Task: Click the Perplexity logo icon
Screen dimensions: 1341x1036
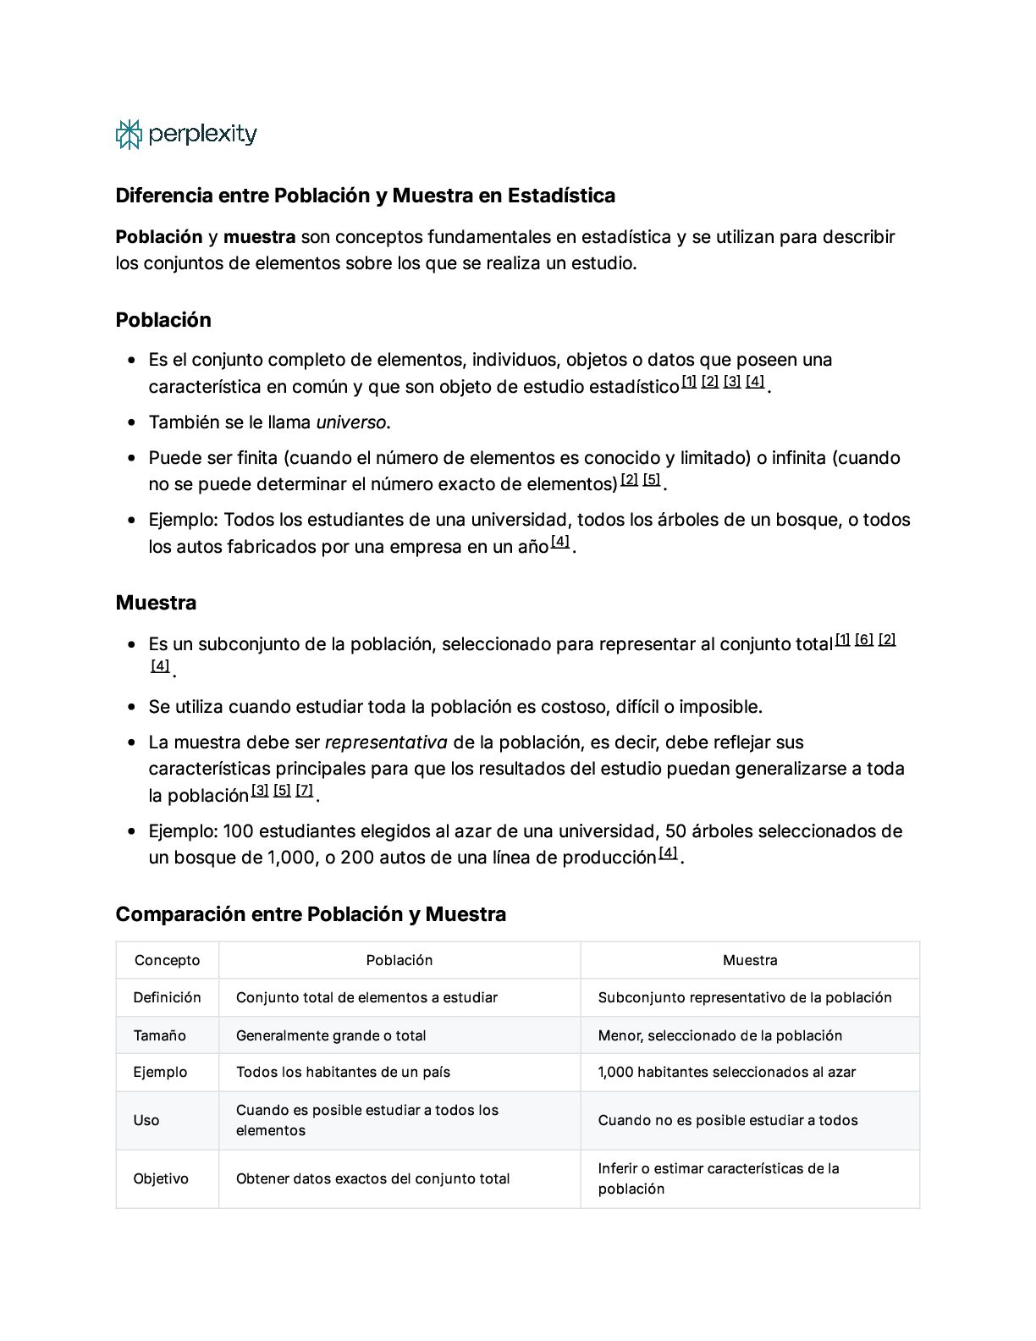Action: [128, 135]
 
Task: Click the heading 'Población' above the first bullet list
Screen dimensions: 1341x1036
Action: [163, 320]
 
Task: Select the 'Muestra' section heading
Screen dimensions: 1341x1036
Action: [156, 603]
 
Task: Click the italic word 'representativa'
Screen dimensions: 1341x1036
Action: [386, 742]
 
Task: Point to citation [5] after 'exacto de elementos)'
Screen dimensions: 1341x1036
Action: [651, 480]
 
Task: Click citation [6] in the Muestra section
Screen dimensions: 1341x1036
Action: [864, 640]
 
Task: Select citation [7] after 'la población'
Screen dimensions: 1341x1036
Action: [305, 791]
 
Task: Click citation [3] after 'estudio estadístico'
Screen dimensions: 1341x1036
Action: [732, 382]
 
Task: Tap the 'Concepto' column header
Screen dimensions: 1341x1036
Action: [167, 960]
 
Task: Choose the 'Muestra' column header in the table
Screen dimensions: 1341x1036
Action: [750, 960]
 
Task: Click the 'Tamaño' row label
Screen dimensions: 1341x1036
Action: [159, 1035]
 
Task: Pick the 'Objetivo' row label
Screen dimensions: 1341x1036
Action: [161, 1178]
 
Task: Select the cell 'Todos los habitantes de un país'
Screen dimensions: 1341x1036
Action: [343, 1072]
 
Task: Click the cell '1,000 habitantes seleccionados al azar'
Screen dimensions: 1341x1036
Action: [726, 1072]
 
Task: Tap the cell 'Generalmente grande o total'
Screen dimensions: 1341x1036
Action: [331, 1035]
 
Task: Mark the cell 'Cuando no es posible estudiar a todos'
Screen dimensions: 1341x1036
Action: [728, 1120]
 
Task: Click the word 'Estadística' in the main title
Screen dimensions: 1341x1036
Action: [561, 196]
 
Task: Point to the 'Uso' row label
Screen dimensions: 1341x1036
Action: [146, 1120]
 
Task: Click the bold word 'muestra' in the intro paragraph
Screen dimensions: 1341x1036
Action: [259, 237]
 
